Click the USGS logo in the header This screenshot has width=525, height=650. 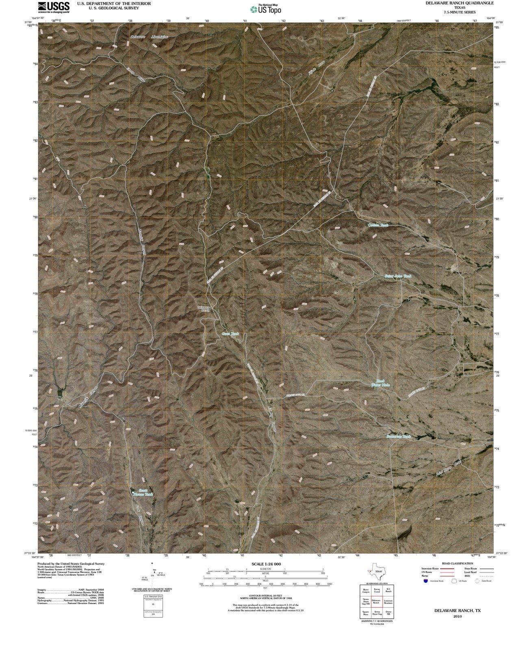coord(54,7)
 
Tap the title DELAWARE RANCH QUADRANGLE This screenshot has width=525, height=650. coord(460,3)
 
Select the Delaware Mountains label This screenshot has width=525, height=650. coord(149,37)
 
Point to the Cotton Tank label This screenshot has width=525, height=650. coord(378,225)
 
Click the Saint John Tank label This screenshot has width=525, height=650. coord(398,276)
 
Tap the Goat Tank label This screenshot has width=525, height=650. coord(230,334)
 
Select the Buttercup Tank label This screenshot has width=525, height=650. coord(398,436)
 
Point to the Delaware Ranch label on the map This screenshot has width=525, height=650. coord(203,308)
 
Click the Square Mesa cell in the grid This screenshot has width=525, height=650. coord(365,613)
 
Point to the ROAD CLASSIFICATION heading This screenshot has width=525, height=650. coord(457,563)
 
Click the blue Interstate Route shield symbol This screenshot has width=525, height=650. coord(425,581)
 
